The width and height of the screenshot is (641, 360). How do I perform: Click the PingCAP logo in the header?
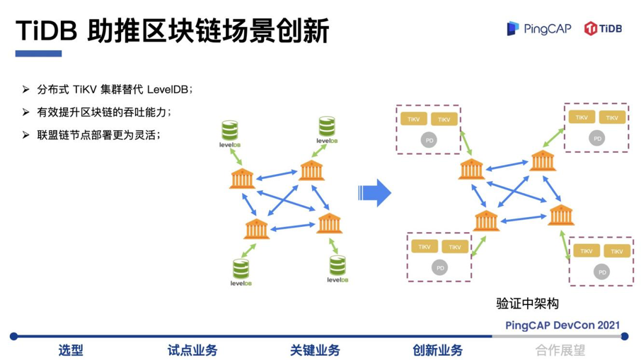537,28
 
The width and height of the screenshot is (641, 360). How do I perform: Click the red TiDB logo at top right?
603,28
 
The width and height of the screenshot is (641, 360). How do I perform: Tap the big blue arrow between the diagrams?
374,192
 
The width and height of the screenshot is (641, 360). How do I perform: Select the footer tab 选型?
71,350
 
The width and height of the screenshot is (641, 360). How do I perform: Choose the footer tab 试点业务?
192,350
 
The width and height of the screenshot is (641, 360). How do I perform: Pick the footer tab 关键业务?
315,350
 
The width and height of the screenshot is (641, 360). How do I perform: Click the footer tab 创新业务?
437,350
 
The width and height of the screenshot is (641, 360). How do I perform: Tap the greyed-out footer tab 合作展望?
560,350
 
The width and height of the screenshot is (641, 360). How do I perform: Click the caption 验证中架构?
527,303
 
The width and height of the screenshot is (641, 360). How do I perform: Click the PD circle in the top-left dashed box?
427,139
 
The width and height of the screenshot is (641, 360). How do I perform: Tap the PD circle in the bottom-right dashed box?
601,272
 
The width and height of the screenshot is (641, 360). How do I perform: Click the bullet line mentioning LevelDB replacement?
115,90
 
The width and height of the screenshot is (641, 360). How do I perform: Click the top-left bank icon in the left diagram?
241,178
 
